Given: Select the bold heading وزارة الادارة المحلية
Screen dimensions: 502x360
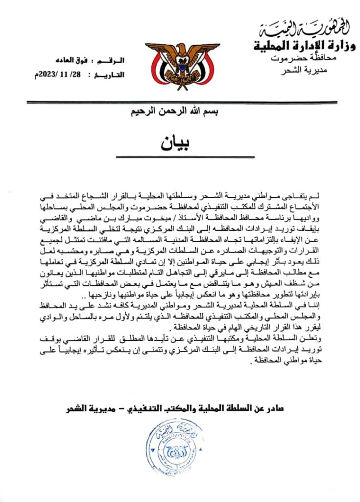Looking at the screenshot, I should [305, 47].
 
